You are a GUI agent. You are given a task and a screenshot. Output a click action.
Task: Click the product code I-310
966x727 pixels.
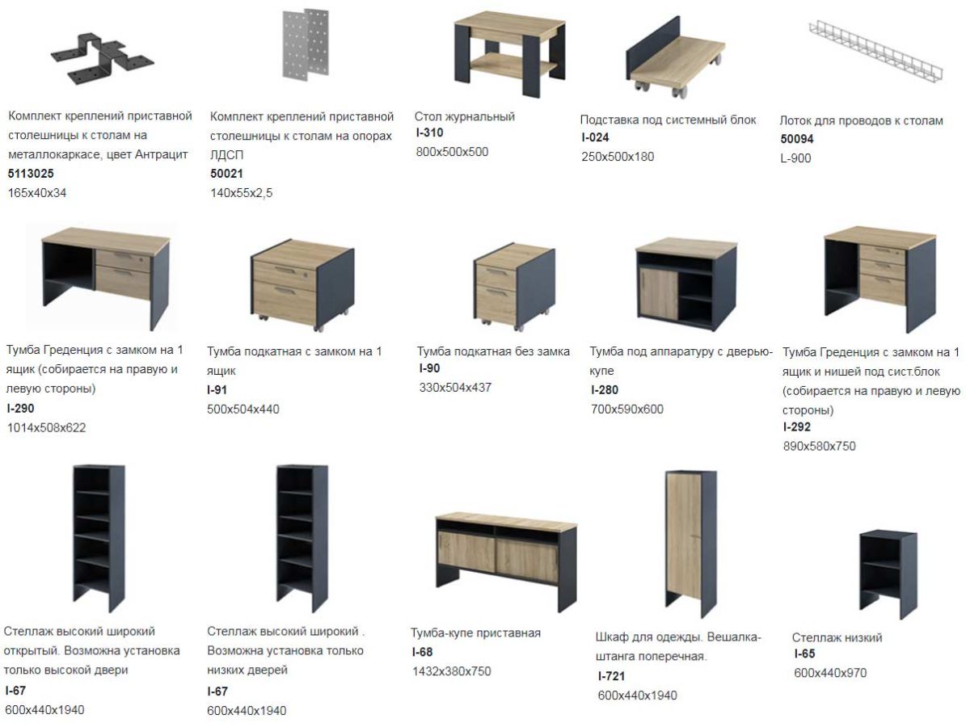428,132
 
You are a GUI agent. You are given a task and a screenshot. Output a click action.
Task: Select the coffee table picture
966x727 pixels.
509,53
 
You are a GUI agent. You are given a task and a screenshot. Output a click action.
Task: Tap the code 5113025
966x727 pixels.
31,174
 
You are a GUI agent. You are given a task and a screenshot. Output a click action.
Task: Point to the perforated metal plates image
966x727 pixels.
306,44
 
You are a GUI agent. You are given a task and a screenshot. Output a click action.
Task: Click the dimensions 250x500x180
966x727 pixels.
618,157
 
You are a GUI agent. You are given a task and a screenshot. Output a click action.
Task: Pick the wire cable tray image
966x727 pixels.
875,50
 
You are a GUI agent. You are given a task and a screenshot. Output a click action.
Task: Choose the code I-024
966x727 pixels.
595,137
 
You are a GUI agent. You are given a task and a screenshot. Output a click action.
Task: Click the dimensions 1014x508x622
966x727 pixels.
46,428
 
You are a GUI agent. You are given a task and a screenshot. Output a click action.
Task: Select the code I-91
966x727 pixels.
217,389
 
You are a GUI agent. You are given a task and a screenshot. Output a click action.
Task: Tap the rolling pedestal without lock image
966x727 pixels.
514,286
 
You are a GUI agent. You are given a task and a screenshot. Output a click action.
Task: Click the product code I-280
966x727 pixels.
605,389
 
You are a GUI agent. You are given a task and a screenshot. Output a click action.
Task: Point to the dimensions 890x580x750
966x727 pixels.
820,446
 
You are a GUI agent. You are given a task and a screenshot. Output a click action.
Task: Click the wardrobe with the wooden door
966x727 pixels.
690,544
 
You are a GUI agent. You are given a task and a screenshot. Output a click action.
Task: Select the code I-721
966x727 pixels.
611,676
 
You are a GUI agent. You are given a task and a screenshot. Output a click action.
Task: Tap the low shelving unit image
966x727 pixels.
888,573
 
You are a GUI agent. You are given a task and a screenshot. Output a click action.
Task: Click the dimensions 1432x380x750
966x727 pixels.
452,671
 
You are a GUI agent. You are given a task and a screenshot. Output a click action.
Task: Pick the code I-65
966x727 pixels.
804,653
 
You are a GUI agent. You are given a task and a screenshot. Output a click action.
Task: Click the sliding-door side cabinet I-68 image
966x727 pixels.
506,561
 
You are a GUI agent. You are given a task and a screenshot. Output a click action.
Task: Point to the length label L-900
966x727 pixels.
795,158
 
